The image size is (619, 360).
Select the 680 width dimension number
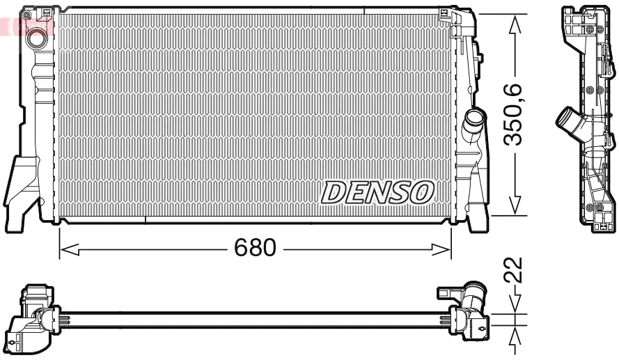click(x=256, y=248)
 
